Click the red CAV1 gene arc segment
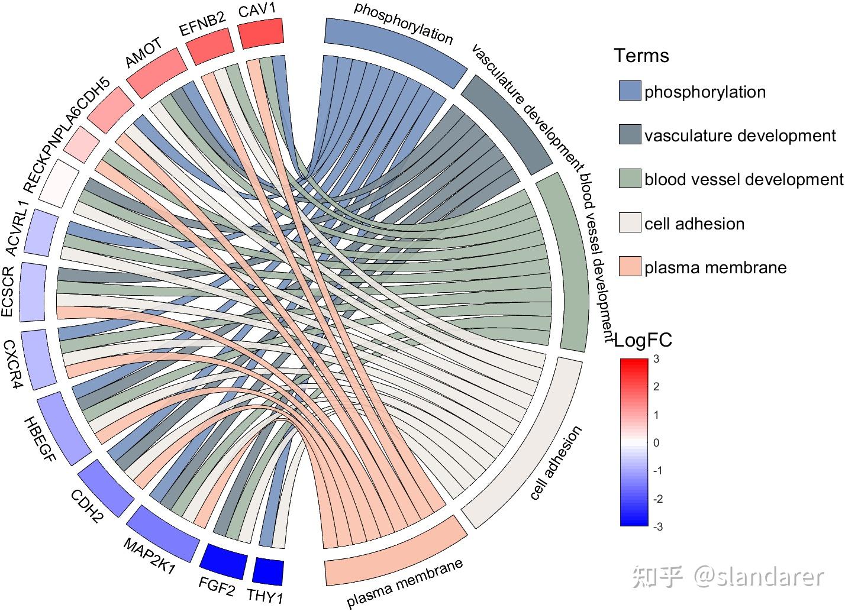tap(261, 33)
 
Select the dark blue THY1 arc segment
tap(268, 571)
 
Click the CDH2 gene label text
tap(86, 506)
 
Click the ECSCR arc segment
tap(33, 292)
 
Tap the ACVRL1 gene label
tap(20, 228)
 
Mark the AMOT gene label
tap(144, 54)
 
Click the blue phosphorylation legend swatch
tap(630, 91)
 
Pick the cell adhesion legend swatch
tap(630, 223)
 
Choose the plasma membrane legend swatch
tap(630, 267)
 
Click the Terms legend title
tap(641, 56)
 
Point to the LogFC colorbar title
tap(643, 340)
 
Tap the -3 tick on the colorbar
tap(657, 527)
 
